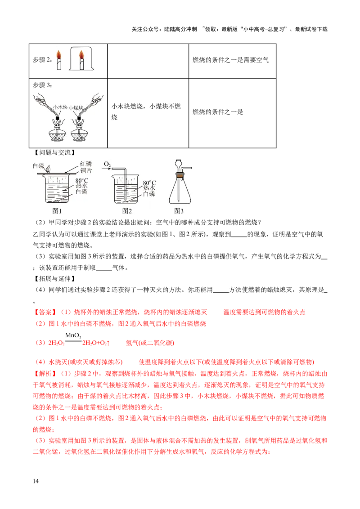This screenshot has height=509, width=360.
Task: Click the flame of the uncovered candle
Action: [58, 55]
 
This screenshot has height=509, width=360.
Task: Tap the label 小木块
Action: [60, 107]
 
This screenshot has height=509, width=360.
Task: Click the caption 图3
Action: [179, 210]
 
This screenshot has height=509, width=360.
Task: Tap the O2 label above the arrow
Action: [107, 164]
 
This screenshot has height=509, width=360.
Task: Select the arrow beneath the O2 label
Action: [107, 170]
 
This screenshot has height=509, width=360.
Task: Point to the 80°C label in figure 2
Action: [149, 183]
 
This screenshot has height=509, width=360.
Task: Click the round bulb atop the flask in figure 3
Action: [179, 163]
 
